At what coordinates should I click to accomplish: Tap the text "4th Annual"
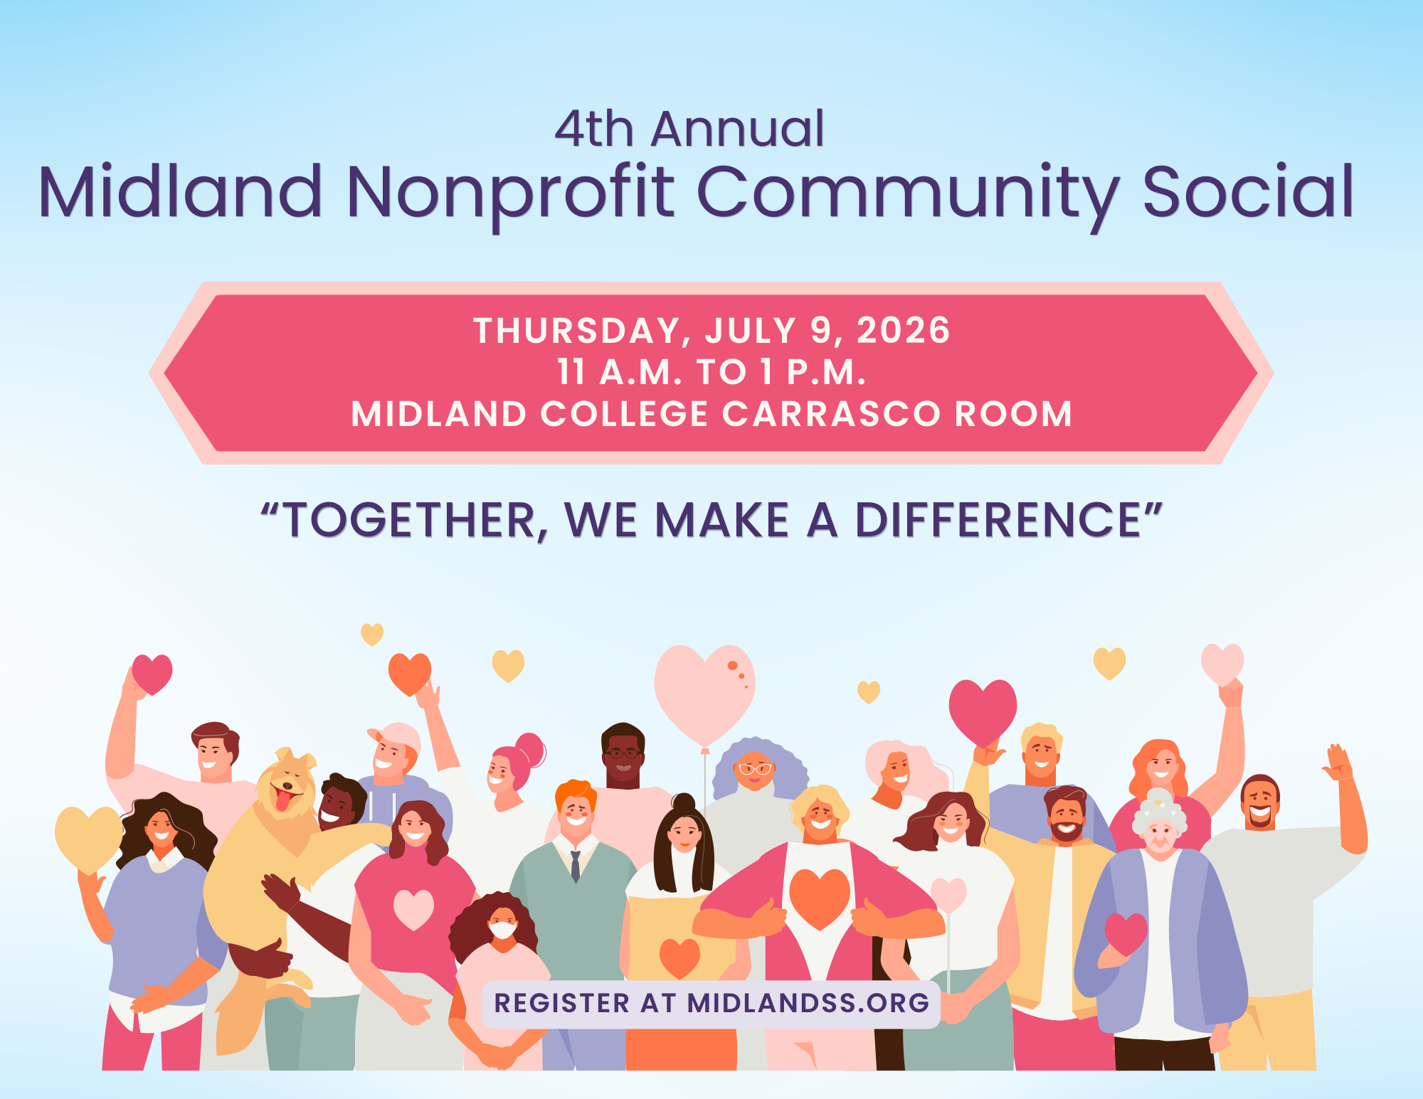[689, 129]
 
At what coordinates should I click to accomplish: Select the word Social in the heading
[1247, 191]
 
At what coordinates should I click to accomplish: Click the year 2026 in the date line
[903, 331]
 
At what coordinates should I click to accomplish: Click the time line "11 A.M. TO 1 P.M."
[711, 372]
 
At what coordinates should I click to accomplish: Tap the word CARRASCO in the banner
[832, 414]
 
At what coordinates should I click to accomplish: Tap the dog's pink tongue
[283, 800]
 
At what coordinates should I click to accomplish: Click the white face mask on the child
[503, 930]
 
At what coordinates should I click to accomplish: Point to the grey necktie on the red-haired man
[575, 866]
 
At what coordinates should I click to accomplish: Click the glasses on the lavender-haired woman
[755, 768]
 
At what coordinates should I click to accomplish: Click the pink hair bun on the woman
[531, 750]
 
